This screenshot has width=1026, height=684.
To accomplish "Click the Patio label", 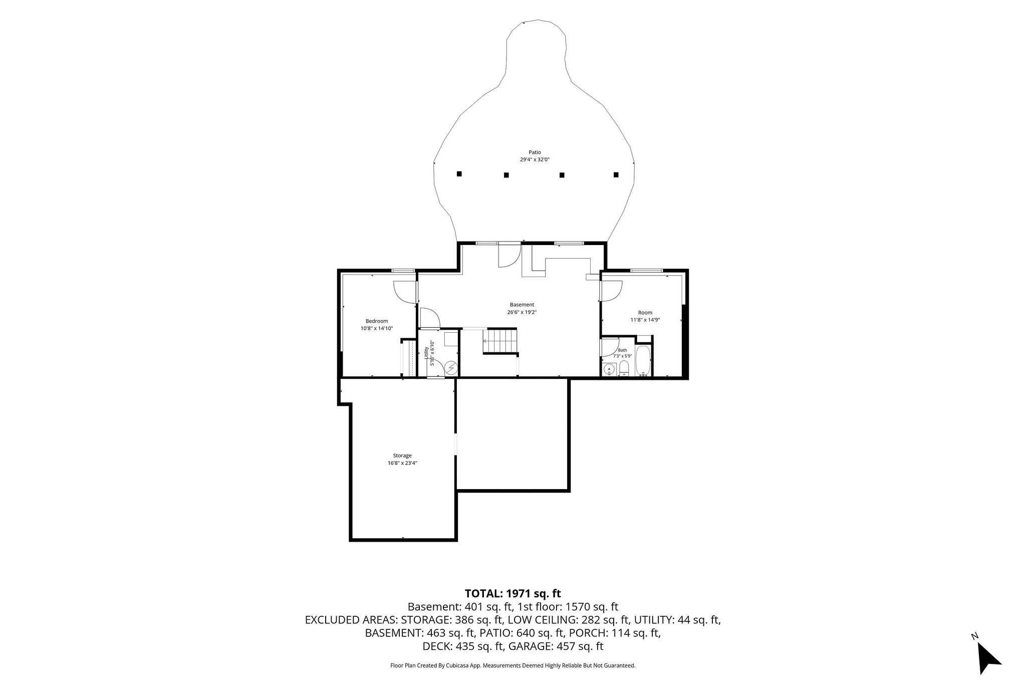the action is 535,152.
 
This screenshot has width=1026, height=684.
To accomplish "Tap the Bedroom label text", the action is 377,321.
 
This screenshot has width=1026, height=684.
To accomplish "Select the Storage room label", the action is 402,455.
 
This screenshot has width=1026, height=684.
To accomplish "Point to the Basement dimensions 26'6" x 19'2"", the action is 522,312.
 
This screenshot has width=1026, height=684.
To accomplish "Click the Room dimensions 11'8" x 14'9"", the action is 645,320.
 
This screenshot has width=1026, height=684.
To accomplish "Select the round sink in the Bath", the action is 609,370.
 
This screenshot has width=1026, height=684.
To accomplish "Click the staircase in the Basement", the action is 499,341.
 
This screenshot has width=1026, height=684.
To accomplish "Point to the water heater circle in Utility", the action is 452,368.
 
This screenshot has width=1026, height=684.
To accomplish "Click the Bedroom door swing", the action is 405,292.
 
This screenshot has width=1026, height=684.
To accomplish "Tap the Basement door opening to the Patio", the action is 509,255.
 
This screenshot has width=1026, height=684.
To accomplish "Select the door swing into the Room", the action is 611,291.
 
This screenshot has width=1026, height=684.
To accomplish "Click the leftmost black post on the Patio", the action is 459,174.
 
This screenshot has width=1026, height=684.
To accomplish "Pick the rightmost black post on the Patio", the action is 616,174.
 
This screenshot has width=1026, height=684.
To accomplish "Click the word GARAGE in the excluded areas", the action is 530,646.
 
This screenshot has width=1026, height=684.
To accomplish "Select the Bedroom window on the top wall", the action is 403,271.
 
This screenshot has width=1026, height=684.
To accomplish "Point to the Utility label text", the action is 426,352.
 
